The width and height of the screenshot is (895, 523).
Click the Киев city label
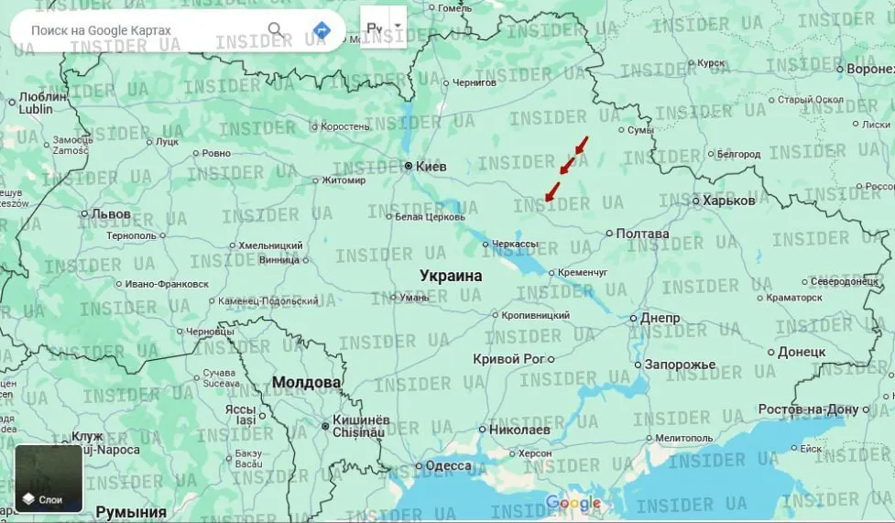point(431,167)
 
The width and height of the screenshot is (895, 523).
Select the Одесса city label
point(449,465)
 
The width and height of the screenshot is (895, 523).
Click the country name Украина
point(451,275)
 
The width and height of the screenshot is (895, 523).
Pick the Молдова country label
point(306,382)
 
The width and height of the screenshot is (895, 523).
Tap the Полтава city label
point(649,234)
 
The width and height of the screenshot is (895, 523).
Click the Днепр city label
point(660,318)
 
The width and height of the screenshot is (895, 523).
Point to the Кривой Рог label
point(508,359)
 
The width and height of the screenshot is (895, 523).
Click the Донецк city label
point(802,352)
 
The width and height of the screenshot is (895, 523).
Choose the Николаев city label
point(519,429)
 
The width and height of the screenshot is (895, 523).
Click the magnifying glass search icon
point(275,30)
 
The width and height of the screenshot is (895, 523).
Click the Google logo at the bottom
point(573,503)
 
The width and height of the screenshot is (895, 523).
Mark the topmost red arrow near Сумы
point(581,146)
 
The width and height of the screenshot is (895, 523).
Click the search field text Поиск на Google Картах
point(101,30)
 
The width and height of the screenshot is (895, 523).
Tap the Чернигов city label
point(474,82)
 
